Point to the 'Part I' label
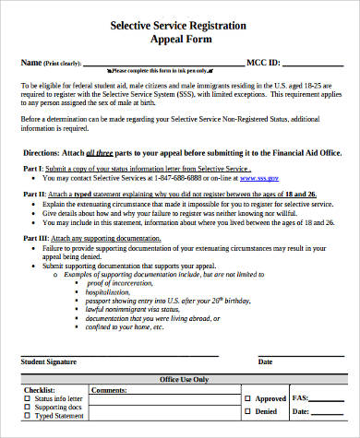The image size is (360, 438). (31, 171)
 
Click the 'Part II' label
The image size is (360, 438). (33, 195)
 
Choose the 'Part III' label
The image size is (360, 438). (34, 240)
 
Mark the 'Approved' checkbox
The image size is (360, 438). (235, 399)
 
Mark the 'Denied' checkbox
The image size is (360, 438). (235, 412)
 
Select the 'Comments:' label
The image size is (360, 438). (109, 390)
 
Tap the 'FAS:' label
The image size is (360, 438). (300, 398)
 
